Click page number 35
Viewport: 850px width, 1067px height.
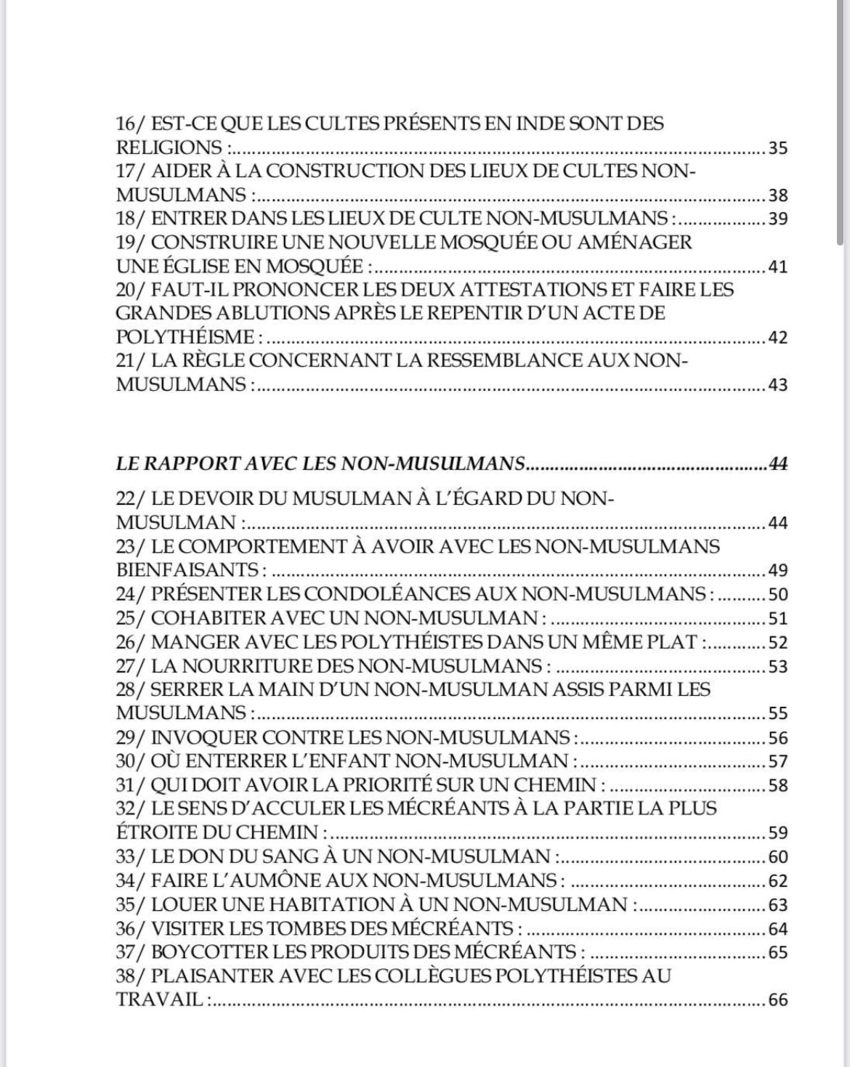[778, 148]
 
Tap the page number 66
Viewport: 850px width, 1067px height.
[778, 1000]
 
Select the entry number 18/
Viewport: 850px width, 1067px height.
[131, 218]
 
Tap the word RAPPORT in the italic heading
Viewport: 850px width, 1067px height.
[200, 463]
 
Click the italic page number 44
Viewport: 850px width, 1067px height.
[778, 463]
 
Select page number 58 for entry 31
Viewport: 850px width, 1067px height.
[778, 785]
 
